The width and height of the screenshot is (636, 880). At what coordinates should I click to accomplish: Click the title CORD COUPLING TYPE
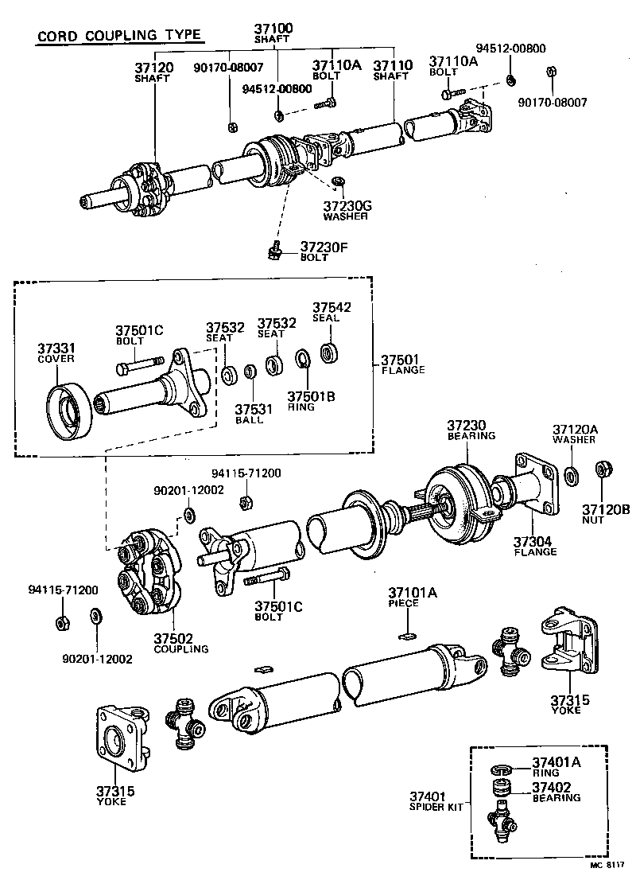click(118, 37)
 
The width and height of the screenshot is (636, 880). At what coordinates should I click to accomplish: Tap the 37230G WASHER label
click(346, 209)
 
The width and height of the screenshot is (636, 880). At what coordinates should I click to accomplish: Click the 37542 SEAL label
click(331, 311)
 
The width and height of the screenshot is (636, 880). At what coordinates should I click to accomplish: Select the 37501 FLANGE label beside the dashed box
click(402, 364)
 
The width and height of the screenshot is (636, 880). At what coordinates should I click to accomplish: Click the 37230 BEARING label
click(471, 430)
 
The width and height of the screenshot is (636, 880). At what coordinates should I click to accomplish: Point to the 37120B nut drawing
click(602, 468)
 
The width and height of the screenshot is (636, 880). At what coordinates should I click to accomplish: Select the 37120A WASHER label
click(575, 434)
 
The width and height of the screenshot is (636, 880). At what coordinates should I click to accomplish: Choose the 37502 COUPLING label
click(180, 643)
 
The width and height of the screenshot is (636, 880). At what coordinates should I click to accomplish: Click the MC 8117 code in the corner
click(607, 864)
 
